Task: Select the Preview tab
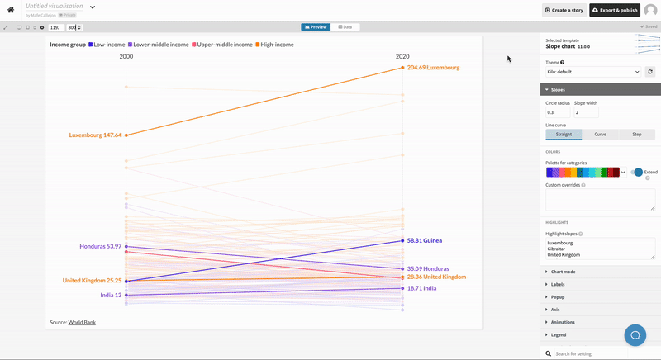316,27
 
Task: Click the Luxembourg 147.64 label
95,135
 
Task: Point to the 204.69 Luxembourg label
433,68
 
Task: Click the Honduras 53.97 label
100,246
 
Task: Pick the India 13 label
111,295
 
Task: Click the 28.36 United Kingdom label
436,277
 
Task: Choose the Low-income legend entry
112,45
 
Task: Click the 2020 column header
402,56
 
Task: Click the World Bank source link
82,322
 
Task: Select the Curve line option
600,134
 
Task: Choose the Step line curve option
636,134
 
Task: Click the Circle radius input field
557,112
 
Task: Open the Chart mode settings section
566,272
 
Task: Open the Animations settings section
566,322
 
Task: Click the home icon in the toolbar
12,10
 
